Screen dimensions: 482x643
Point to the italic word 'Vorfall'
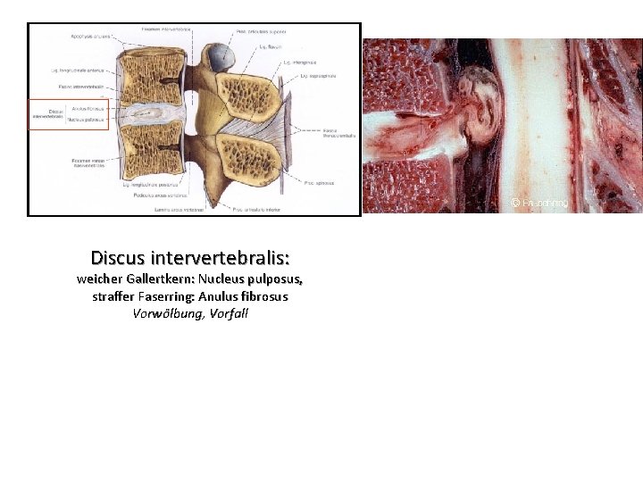pyautogui.click(x=229, y=314)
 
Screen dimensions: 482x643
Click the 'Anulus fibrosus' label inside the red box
pyautogui.click(x=88, y=109)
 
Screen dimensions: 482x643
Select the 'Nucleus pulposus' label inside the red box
pyautogui.click(x=87, y=119)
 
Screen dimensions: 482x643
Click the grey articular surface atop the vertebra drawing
pyautogui.click(x=218, y=59)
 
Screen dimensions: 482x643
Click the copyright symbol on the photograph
pyautogui.click(x=515, y=203)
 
